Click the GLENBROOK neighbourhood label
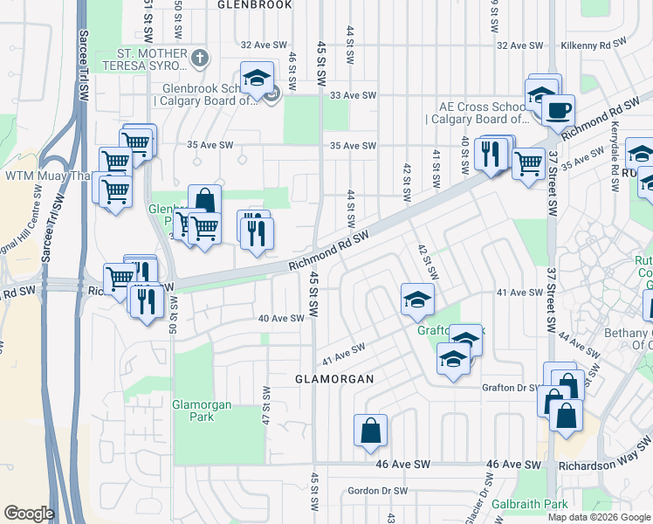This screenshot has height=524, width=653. [x=255, y=4]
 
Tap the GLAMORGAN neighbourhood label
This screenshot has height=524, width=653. [x=333, y=379]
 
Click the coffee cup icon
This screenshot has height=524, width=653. [x=557, y=111]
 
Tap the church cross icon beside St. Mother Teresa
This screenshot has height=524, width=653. [x=200, y=59]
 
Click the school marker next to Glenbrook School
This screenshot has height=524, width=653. [x=257, y=79]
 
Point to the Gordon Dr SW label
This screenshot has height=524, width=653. [x=377, y=491]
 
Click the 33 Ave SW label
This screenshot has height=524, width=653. [x=353, y=95]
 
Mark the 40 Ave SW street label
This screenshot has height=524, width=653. [x=281, y=319]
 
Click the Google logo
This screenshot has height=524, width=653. [x=29, y=514]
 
